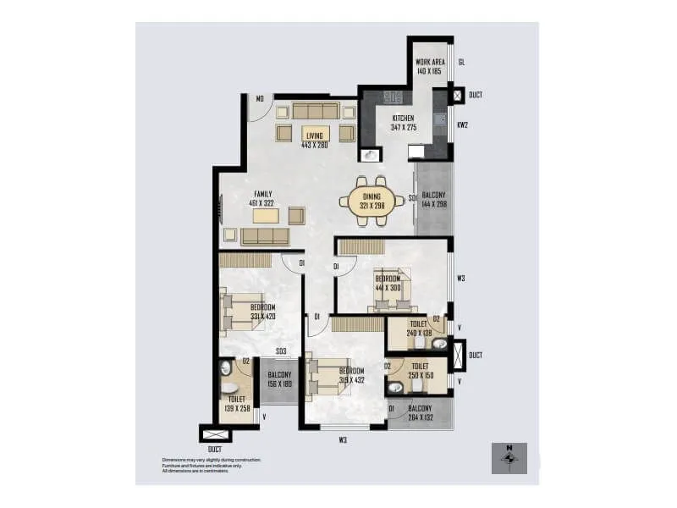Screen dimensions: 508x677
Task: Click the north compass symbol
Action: point(509,458)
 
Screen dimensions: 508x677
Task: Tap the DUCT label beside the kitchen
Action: point(476,95)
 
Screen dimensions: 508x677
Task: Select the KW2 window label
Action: point(462,125)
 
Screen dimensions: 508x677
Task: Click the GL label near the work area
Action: point(461,62)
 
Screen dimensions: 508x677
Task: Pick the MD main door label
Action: point(261,100)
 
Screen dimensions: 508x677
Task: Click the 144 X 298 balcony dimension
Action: point(433,204)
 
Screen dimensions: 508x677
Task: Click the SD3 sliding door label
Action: point(280,351)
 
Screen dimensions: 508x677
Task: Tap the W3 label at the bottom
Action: point(343,439)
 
